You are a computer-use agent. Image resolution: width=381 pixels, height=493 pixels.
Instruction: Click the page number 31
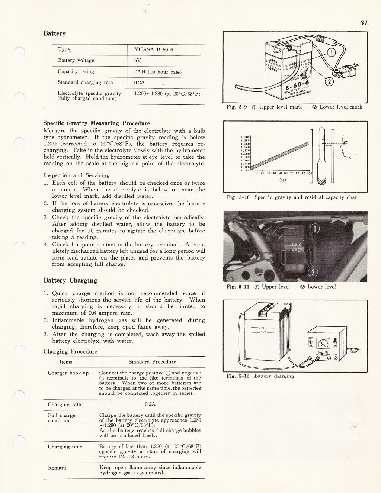[x=364, y=23]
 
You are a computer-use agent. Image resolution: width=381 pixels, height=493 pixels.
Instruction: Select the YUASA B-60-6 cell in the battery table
[x=153, y=49]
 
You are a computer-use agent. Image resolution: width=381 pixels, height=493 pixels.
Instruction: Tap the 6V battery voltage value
[x=137, y=60]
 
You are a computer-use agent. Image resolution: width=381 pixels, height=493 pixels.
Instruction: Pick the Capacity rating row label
[x=76, y=71]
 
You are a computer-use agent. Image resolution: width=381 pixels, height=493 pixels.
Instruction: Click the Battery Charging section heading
[x=70, y=280]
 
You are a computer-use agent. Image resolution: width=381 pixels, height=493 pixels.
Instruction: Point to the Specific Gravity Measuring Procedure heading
[x=97, y=123]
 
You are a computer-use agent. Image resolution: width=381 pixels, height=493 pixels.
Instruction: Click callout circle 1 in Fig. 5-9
[x=332, y=52]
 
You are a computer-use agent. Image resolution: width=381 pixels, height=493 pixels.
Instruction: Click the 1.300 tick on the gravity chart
[x=246, y=137]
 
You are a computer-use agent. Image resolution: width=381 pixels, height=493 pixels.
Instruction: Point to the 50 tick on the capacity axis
[x=280, y=173]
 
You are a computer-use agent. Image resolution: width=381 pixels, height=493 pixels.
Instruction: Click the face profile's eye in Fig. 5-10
[x=345, y=143]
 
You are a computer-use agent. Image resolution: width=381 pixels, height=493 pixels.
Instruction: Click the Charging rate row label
[x=64, y=405]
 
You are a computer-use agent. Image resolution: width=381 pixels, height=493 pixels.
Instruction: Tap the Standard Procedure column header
[x=152, y=362]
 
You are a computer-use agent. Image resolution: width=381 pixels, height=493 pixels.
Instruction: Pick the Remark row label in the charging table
[x=57, y=468]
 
